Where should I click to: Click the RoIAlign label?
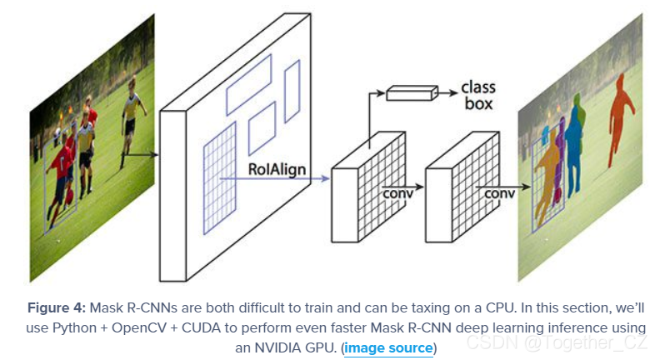tap(277, 170)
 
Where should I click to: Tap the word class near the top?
tap(478, 87)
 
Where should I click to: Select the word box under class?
tap(479, 104)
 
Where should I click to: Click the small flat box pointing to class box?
tap(411, 94)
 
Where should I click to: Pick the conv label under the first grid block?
tap(397, 193)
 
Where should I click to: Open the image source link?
tap(388, 347)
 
